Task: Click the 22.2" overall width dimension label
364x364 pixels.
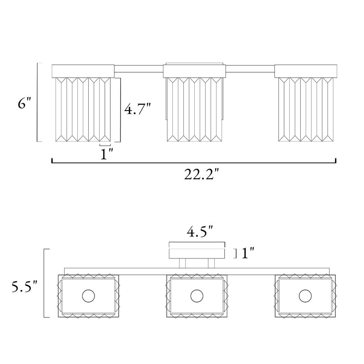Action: (202, 175)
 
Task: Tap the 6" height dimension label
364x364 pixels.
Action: (24, 103)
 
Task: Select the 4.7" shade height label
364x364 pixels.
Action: (138, 109)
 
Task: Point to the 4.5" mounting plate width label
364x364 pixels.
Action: (200, 232)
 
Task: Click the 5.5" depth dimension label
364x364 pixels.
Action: (25, 287)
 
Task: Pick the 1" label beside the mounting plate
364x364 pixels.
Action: (248, 253)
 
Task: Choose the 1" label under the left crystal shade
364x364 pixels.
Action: (107, 154)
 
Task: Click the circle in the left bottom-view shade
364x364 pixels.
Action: (88, 296)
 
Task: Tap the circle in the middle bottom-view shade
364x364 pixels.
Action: (197, 296)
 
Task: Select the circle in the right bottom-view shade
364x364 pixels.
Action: (305, 296)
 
